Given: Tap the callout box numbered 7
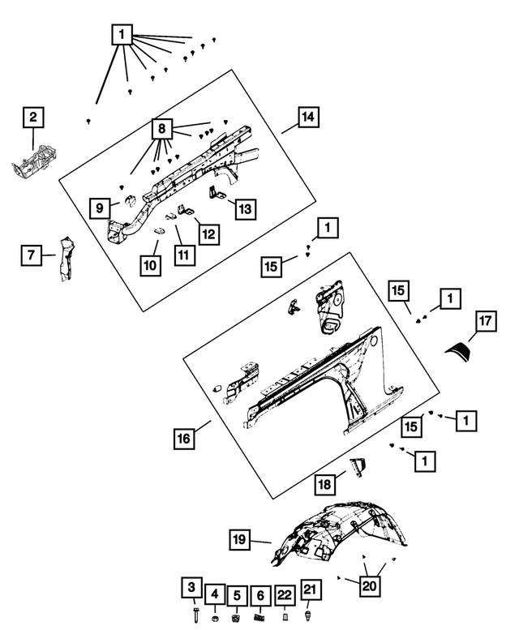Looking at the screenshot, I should click(31, 255).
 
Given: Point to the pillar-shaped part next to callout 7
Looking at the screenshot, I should click(63, 259).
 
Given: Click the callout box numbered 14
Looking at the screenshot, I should click(307, 118).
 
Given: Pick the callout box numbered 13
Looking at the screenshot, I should click(244, 208).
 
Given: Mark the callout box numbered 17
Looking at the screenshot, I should click(484, 322).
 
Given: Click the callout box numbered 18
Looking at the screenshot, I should click(324, 484).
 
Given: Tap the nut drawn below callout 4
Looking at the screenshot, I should click(214, 620).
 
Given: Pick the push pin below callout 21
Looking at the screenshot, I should click(308, 615).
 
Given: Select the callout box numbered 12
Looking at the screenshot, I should click(208, 234).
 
